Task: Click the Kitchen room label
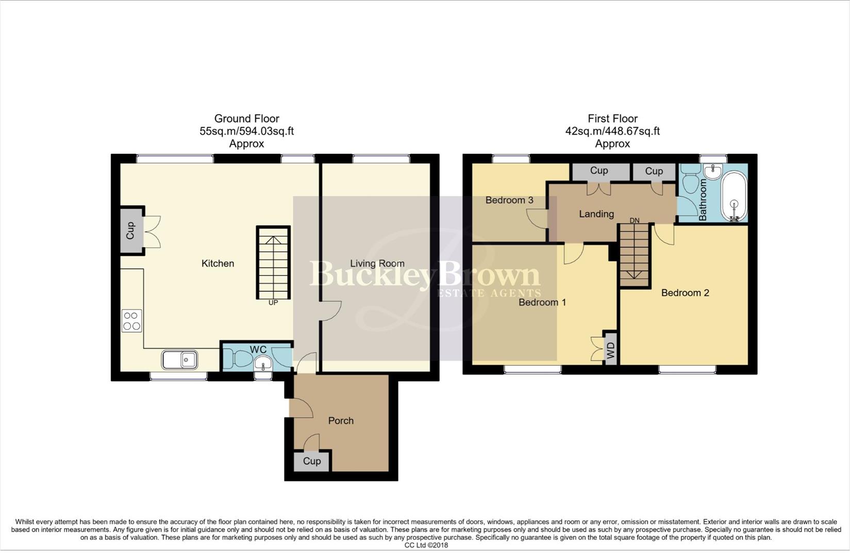pyautogui.click(x=218, y=264)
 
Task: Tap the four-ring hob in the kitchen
pyautogui.click(x=131, y=321)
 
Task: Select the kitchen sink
pyautogui.click(x=180, y=360)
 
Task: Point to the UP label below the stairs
pyautogui.click(x=273, y=303)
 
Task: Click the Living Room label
pyautogui.click(x=377, y=264)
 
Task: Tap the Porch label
pyautogui.click(x=341, y=421)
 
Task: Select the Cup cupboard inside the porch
pyautogui.click(x=312, y=461)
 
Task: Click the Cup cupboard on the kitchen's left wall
pyautogui.click(x=131, y=231)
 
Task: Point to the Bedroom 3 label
pyautogui.click(x=509, y=200)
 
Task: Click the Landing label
pyautogui.click(x=596, y=214)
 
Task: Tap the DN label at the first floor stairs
pyautogui.click(x=634, y=221)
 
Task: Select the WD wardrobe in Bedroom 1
pyautogui.click(x=610, y=348)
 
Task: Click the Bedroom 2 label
pyautogui.click(x=685, y=293)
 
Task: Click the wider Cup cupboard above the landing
pyautogui.click(x=599, y=171)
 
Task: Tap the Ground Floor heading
pyautogui.click(x=246, y=119)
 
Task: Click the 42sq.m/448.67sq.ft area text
pyautogui.click(x=612, y=132)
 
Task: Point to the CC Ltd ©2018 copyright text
pyautogui.click(x=426, y=545)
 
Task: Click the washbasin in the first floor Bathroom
pyautogui.click(x=713, y=171)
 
